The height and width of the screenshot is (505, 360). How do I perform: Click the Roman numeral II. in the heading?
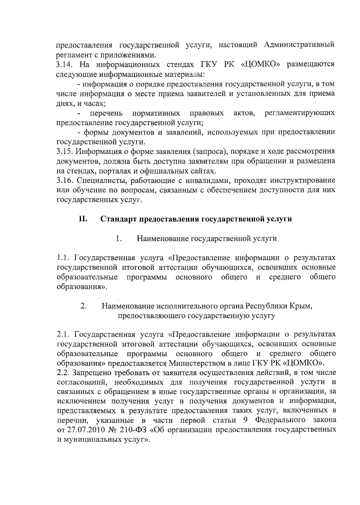tap(83, 219)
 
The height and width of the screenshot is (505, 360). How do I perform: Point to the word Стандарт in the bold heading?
tap(118, 219)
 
